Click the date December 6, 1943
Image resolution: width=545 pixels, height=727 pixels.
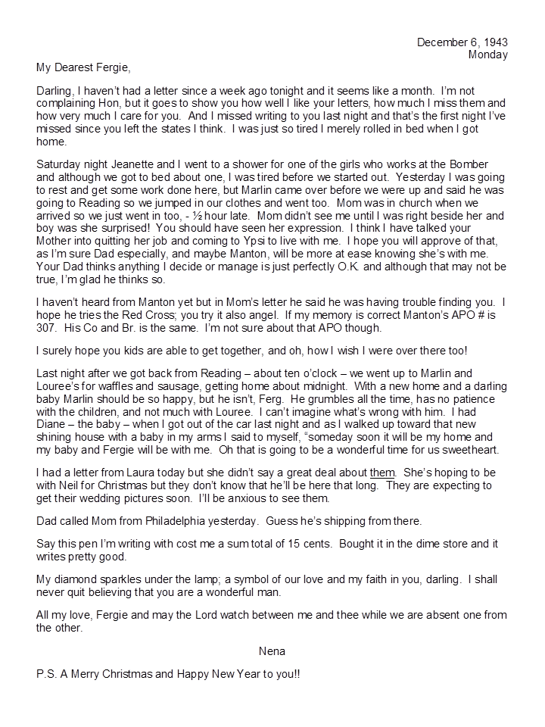pyautogui.click(x=462, y=42)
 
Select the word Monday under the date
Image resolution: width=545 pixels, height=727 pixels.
pyautogui.click(x=487, y=55)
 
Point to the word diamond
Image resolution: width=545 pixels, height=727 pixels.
pyautogui.click(x=76, y=579)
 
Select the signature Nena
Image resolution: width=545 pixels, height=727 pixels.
pyautogui.click(x=272, y=649)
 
